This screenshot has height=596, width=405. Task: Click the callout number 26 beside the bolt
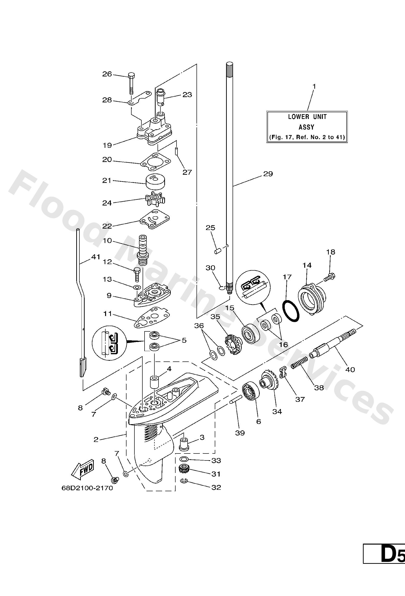pyautogui.click(x=107, y=74)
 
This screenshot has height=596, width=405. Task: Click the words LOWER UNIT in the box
pyautogui.click(x=307, y=117)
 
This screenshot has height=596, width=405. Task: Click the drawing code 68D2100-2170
pyautogui.click(x=87, y=488)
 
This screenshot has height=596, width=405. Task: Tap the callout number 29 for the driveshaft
pyautogui.click(x=268, y=174)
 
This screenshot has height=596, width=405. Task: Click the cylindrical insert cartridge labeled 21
pyautogui.click(x=155, y=182)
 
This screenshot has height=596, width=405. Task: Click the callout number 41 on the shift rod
pyautogui.click(x=96, y=257)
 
